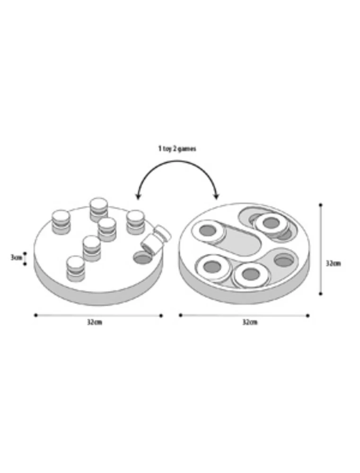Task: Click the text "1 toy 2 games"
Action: (x=177, y=149)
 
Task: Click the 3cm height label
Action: (x=16, y=258)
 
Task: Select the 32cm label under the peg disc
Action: (x=95, y=322)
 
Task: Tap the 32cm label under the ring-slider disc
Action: (x=250, y=322)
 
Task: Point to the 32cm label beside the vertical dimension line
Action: (x=334, y=263)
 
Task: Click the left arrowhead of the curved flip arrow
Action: (x=138, y=197)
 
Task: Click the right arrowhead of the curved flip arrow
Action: (x=216, y=196)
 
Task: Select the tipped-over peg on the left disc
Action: (x=156, y=240)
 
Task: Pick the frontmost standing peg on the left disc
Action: (x=76, y=269)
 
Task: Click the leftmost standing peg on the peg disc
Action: (x=61, y=222)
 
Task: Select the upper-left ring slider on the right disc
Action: (x=209, y=231)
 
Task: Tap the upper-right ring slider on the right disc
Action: (x=271, y=224)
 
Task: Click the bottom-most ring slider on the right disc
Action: (x=251, y=274)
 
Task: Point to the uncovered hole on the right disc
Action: (x=284, y=260)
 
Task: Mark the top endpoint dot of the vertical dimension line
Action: (x=320, y=205)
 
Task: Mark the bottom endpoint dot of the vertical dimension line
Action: (x=320, y=294)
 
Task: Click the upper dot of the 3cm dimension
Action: (x=25, y=254)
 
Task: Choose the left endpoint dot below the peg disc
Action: (x=36, y=315)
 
